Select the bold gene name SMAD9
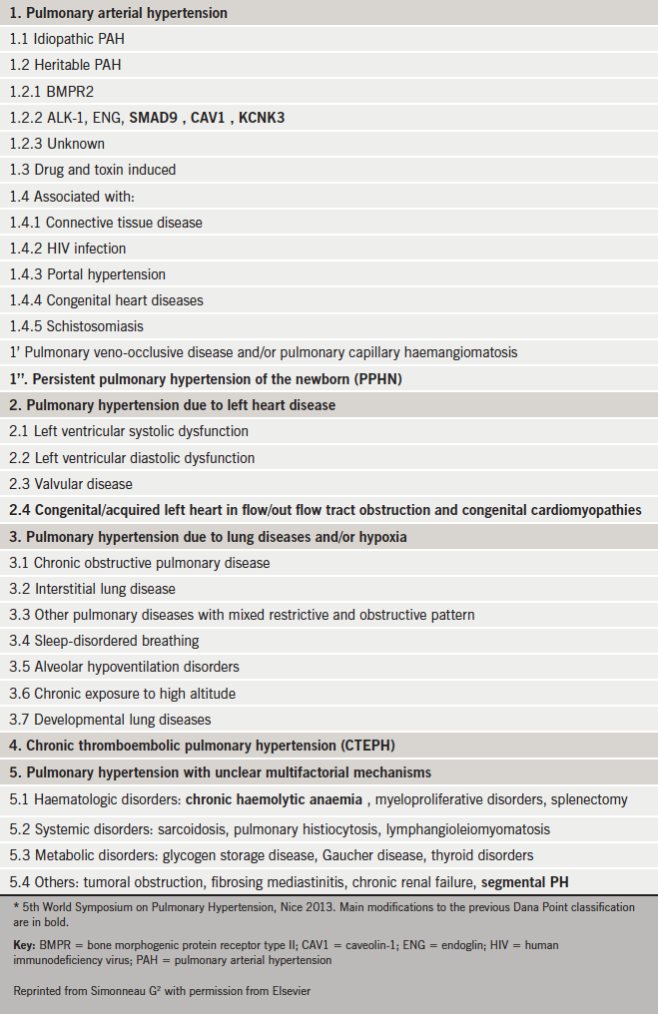155,118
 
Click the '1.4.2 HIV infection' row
67,249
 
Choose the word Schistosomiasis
95,326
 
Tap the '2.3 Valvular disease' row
71,484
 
